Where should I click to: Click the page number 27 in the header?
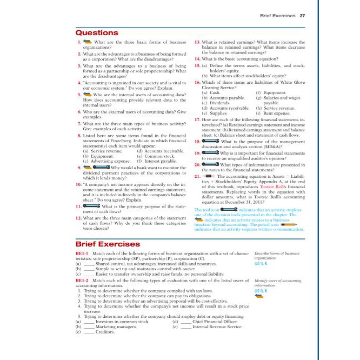(302, 16)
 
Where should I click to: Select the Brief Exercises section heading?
(108, 244)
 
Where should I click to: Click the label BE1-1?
(83, 253)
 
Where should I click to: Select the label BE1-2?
(83, 281)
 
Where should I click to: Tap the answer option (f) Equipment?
(270, 92)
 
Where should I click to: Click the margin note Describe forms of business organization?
(276, 255)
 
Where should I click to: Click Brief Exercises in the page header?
(278, 16)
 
